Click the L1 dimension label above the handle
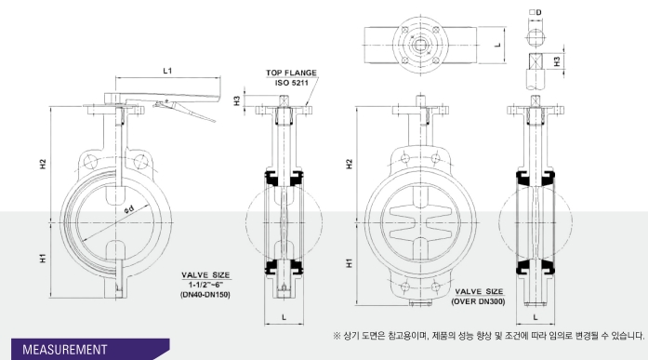(x=167, y=71)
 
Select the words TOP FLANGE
(x=291, y=73)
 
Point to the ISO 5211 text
(x=292, y=83)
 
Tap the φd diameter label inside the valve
(x=129, y=209)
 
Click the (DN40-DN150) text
(x=205, y=295)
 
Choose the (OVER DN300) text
(x=479, y=301)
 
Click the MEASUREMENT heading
(x=65, y=350)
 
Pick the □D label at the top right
(x=536, y=12)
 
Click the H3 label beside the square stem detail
(x=557, y=61)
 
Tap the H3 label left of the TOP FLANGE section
(x=237, y=100)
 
